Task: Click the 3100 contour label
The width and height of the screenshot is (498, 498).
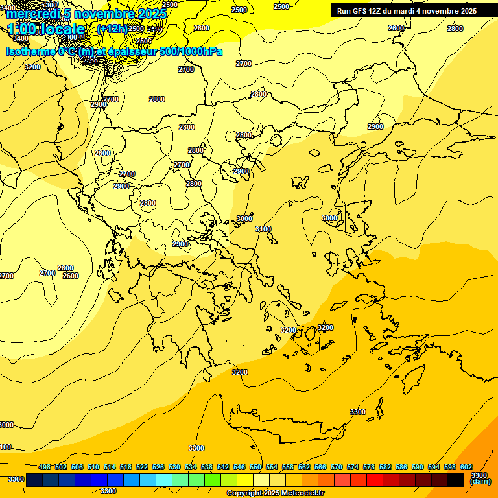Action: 263,229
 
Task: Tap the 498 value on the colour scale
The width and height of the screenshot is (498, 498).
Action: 45,467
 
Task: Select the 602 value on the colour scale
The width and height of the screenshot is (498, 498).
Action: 466,467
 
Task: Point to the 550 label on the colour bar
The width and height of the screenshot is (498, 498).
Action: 255,467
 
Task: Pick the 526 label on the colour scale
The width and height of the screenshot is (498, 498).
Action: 158,467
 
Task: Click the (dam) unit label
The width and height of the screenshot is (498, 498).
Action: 480,482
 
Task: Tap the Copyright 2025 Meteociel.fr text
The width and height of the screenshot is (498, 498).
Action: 275,493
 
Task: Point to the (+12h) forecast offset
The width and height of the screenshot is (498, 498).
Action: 112,29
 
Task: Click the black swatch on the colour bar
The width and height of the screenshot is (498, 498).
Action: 456,480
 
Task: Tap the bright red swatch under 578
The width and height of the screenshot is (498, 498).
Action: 375,480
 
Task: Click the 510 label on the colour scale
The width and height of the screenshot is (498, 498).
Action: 93,467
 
